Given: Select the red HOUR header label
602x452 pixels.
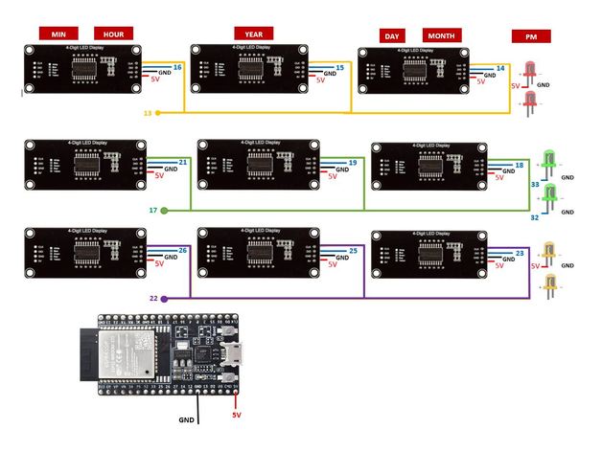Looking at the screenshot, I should [x=113, y=33].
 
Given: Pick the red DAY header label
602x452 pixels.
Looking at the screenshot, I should [x=391, y=35].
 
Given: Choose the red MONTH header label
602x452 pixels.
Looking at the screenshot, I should [x=442, y=35].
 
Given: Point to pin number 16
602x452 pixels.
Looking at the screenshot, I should [x=177, y=67].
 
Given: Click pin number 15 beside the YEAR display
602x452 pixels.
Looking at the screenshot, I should [x=340, y=68].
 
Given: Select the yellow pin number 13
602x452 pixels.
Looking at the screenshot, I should [x=148, y=113].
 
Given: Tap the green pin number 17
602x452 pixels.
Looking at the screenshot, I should [x=153, y=210].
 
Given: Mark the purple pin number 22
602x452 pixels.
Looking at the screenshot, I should [x=153, y=299].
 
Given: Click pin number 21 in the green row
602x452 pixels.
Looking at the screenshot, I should [x=184, y=163].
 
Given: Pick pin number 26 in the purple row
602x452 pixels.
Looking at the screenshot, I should [x=182, y=251].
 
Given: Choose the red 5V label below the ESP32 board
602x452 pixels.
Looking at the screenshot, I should [x=236, y=416].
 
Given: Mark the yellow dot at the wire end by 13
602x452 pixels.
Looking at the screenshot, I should [x=158, y=113].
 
